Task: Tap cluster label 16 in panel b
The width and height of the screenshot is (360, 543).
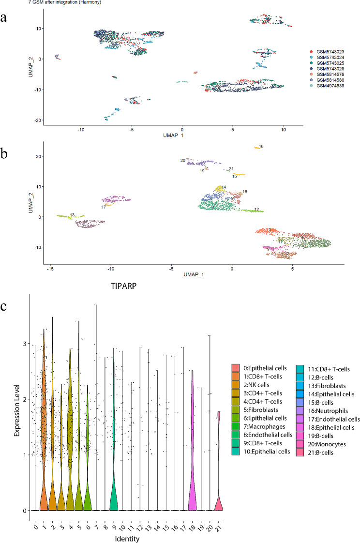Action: [x=261, y=146]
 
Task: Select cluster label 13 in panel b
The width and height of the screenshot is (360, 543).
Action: [x=72, y=214]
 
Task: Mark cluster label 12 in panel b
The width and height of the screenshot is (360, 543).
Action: [x=256, y=209]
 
